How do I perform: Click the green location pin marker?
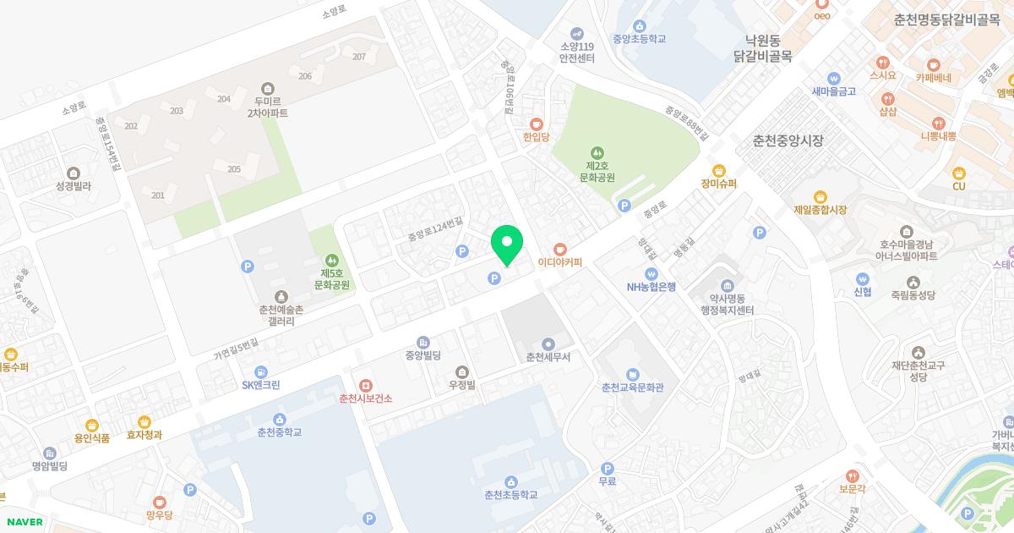507,245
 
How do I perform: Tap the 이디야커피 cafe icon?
559,249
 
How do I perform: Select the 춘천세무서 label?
548,357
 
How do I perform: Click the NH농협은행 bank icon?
651,273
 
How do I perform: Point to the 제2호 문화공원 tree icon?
597,152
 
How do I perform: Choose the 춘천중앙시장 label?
788,141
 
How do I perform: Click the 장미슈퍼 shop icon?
719,170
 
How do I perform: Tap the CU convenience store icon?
958,173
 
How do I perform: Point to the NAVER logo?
24,522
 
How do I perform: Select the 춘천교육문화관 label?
632,387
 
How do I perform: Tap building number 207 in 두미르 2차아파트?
359,57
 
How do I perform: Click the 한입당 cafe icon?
536,124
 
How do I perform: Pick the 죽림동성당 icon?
913,282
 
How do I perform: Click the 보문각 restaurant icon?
853,475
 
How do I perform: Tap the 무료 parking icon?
607,468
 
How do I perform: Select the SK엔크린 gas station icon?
260,372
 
